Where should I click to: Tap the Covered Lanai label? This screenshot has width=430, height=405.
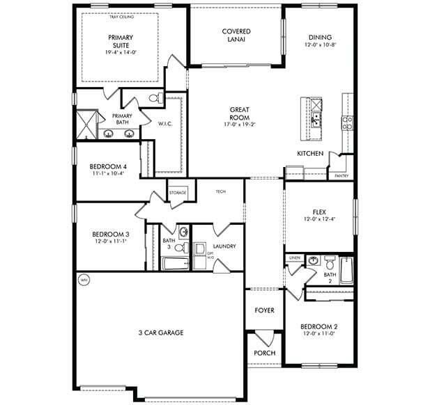[x=236, y=35]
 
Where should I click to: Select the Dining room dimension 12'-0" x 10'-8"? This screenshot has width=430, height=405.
[x=320, y=45]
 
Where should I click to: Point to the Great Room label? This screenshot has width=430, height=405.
[x=240, y=110]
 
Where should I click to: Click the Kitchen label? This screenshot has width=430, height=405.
[x=310, y=153]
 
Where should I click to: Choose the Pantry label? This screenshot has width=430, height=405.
[x=341, y=176]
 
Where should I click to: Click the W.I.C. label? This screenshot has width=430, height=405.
[x=165, y=125]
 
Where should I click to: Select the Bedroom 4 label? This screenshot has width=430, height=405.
[x=108, y=167]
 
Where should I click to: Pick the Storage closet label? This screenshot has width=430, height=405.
[x=178, y=193]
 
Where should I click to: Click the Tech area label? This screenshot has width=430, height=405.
[x=220, y=191]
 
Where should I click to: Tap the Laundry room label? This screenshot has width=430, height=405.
[x=224, y=246]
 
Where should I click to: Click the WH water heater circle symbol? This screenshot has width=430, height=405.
[x=84, y=280]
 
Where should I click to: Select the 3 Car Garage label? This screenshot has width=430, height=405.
[x=161, y=333]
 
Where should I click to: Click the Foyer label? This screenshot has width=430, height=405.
[x=264, y=310]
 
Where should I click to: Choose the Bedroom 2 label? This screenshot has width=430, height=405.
[x=318, y=327]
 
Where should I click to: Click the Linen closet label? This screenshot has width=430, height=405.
[x=295, y=258]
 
